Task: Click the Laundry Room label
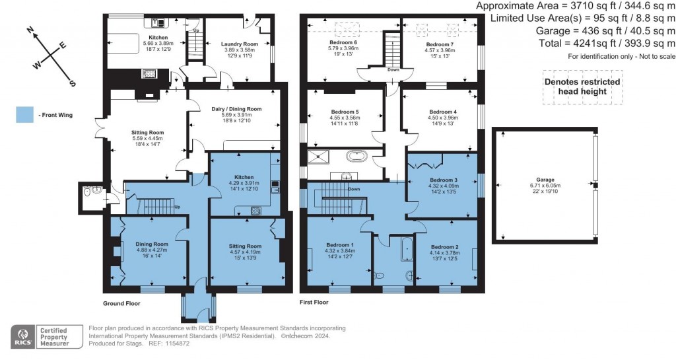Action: (240, 44)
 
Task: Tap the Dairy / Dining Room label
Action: (236, 109)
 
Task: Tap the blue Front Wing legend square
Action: (23, 115)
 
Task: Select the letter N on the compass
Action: (30, 30)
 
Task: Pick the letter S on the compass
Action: (73, 83)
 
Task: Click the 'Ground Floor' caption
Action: (121, 303)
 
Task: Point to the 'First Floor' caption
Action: (314, 303)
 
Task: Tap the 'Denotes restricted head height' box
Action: (582, 87)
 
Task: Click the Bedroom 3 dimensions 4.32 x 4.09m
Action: (443, 187)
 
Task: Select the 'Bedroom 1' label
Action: (339, 244)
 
